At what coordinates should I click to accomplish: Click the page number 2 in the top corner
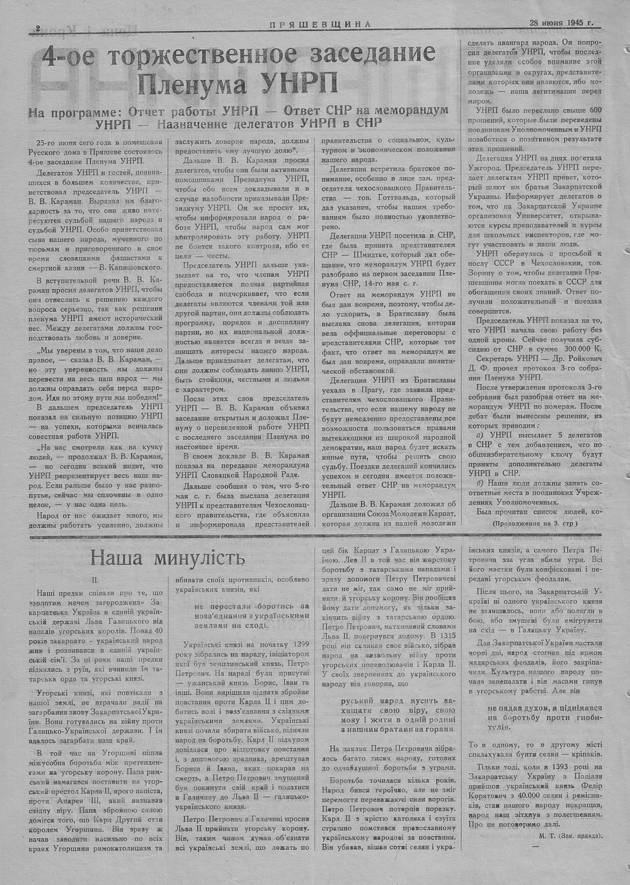[38, 27]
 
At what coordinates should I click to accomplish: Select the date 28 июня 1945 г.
[561, 25]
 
